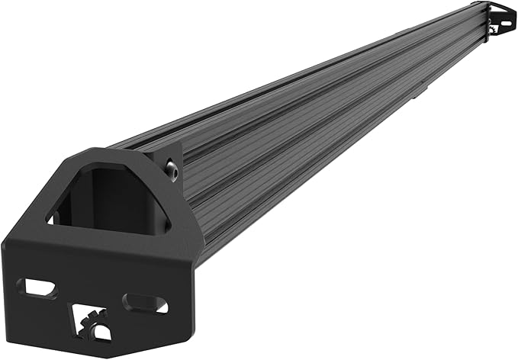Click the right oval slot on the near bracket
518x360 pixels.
coord(145,303)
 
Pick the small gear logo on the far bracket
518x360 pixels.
coord(494,28)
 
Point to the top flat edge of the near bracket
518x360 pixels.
coord(114,150)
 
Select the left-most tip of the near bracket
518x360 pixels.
coord(3,252)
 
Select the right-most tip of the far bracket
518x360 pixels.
coord(516,17)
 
